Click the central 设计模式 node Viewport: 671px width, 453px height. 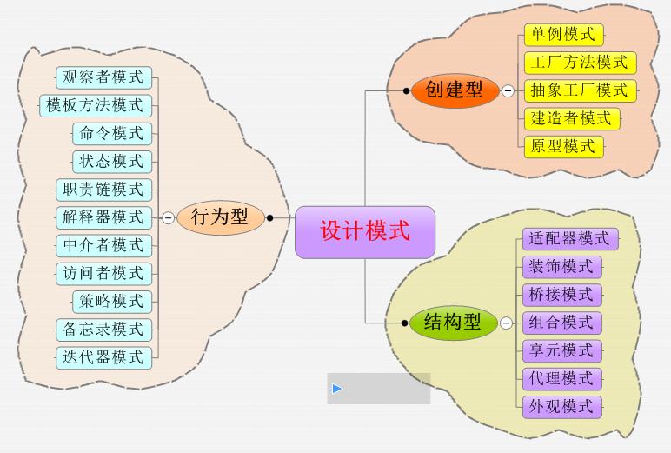click(364, 232)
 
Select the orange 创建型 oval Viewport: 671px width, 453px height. click(454, 90)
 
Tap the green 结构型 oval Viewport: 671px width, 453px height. click(453, 323)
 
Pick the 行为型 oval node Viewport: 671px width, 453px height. click(220, 217)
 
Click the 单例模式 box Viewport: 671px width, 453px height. click(563, 35)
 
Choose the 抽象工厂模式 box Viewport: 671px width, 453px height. click(579, 90)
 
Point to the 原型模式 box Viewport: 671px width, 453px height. click(563, 146)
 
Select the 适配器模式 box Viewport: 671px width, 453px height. click(570, 238)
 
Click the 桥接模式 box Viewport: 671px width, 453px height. click(561, 294)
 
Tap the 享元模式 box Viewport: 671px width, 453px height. click(561, 350)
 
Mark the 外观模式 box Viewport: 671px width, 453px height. click(561, 406)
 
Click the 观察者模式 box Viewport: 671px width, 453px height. click(103, 77)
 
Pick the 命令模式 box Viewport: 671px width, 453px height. click(112, 133)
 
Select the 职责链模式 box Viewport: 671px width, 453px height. click(103, 190)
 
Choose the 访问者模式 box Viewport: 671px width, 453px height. click(103, 273)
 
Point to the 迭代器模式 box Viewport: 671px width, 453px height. click(103, 356)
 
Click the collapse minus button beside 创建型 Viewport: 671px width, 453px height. click(508, 90)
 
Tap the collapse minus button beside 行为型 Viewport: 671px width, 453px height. click(168, 218)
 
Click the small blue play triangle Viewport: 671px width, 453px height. click(337, 389)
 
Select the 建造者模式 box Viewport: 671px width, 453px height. click(571, 118)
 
